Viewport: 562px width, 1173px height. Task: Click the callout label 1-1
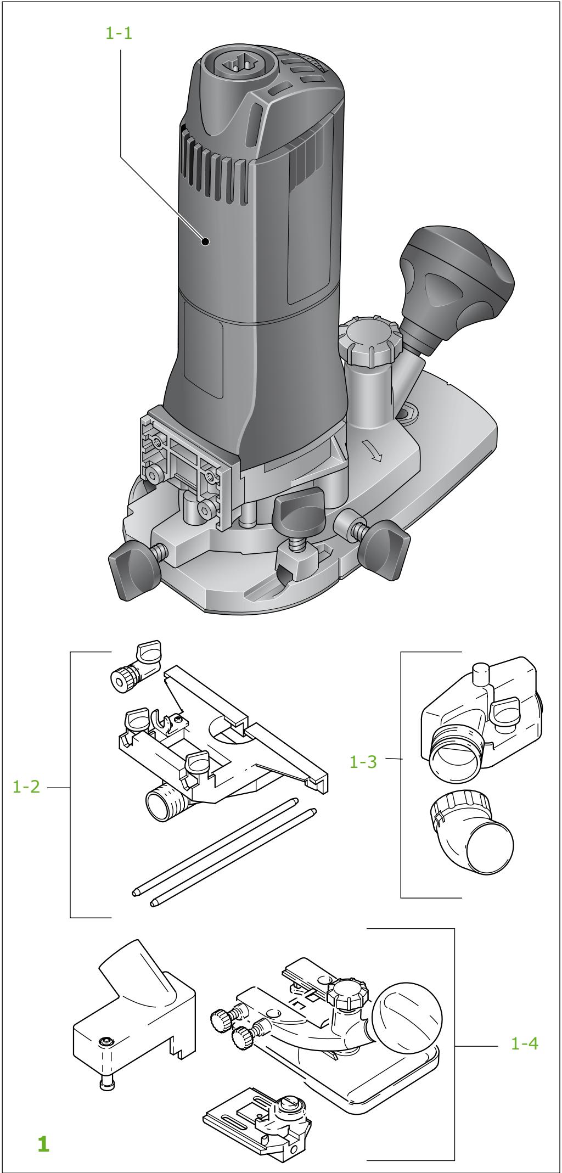pyautogui.click(x=119, y=33)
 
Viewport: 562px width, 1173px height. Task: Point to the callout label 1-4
pyautogui.click(x=524, y=1043)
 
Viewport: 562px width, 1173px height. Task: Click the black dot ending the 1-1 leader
pyautogui.click(x=205, y=241)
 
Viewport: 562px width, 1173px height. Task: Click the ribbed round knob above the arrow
pyautogui.click(x=366, y=341)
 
